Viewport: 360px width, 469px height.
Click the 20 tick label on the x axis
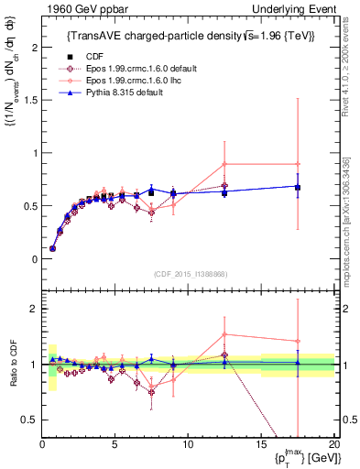[334, 444]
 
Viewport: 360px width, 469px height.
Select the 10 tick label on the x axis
[188, 444]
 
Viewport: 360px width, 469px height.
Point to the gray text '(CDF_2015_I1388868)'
[189, 275]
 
